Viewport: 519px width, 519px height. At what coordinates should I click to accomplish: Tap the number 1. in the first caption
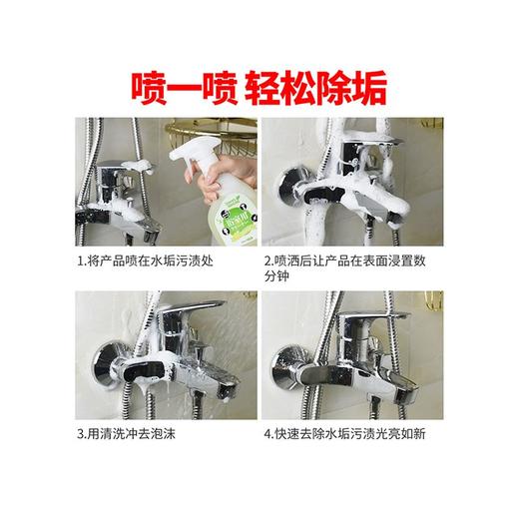point(81,261)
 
